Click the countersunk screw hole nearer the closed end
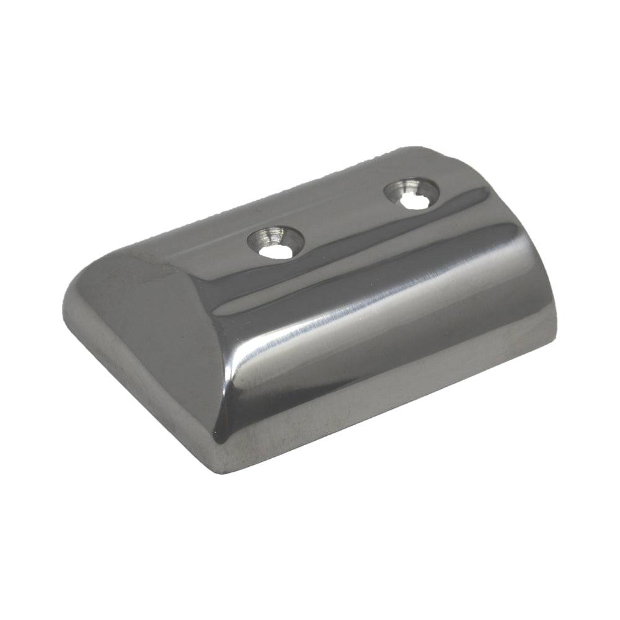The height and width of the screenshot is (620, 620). tap(276, 241)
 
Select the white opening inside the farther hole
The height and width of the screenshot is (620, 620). tap(410, 201)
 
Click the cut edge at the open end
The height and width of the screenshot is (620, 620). tap(539, 260)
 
